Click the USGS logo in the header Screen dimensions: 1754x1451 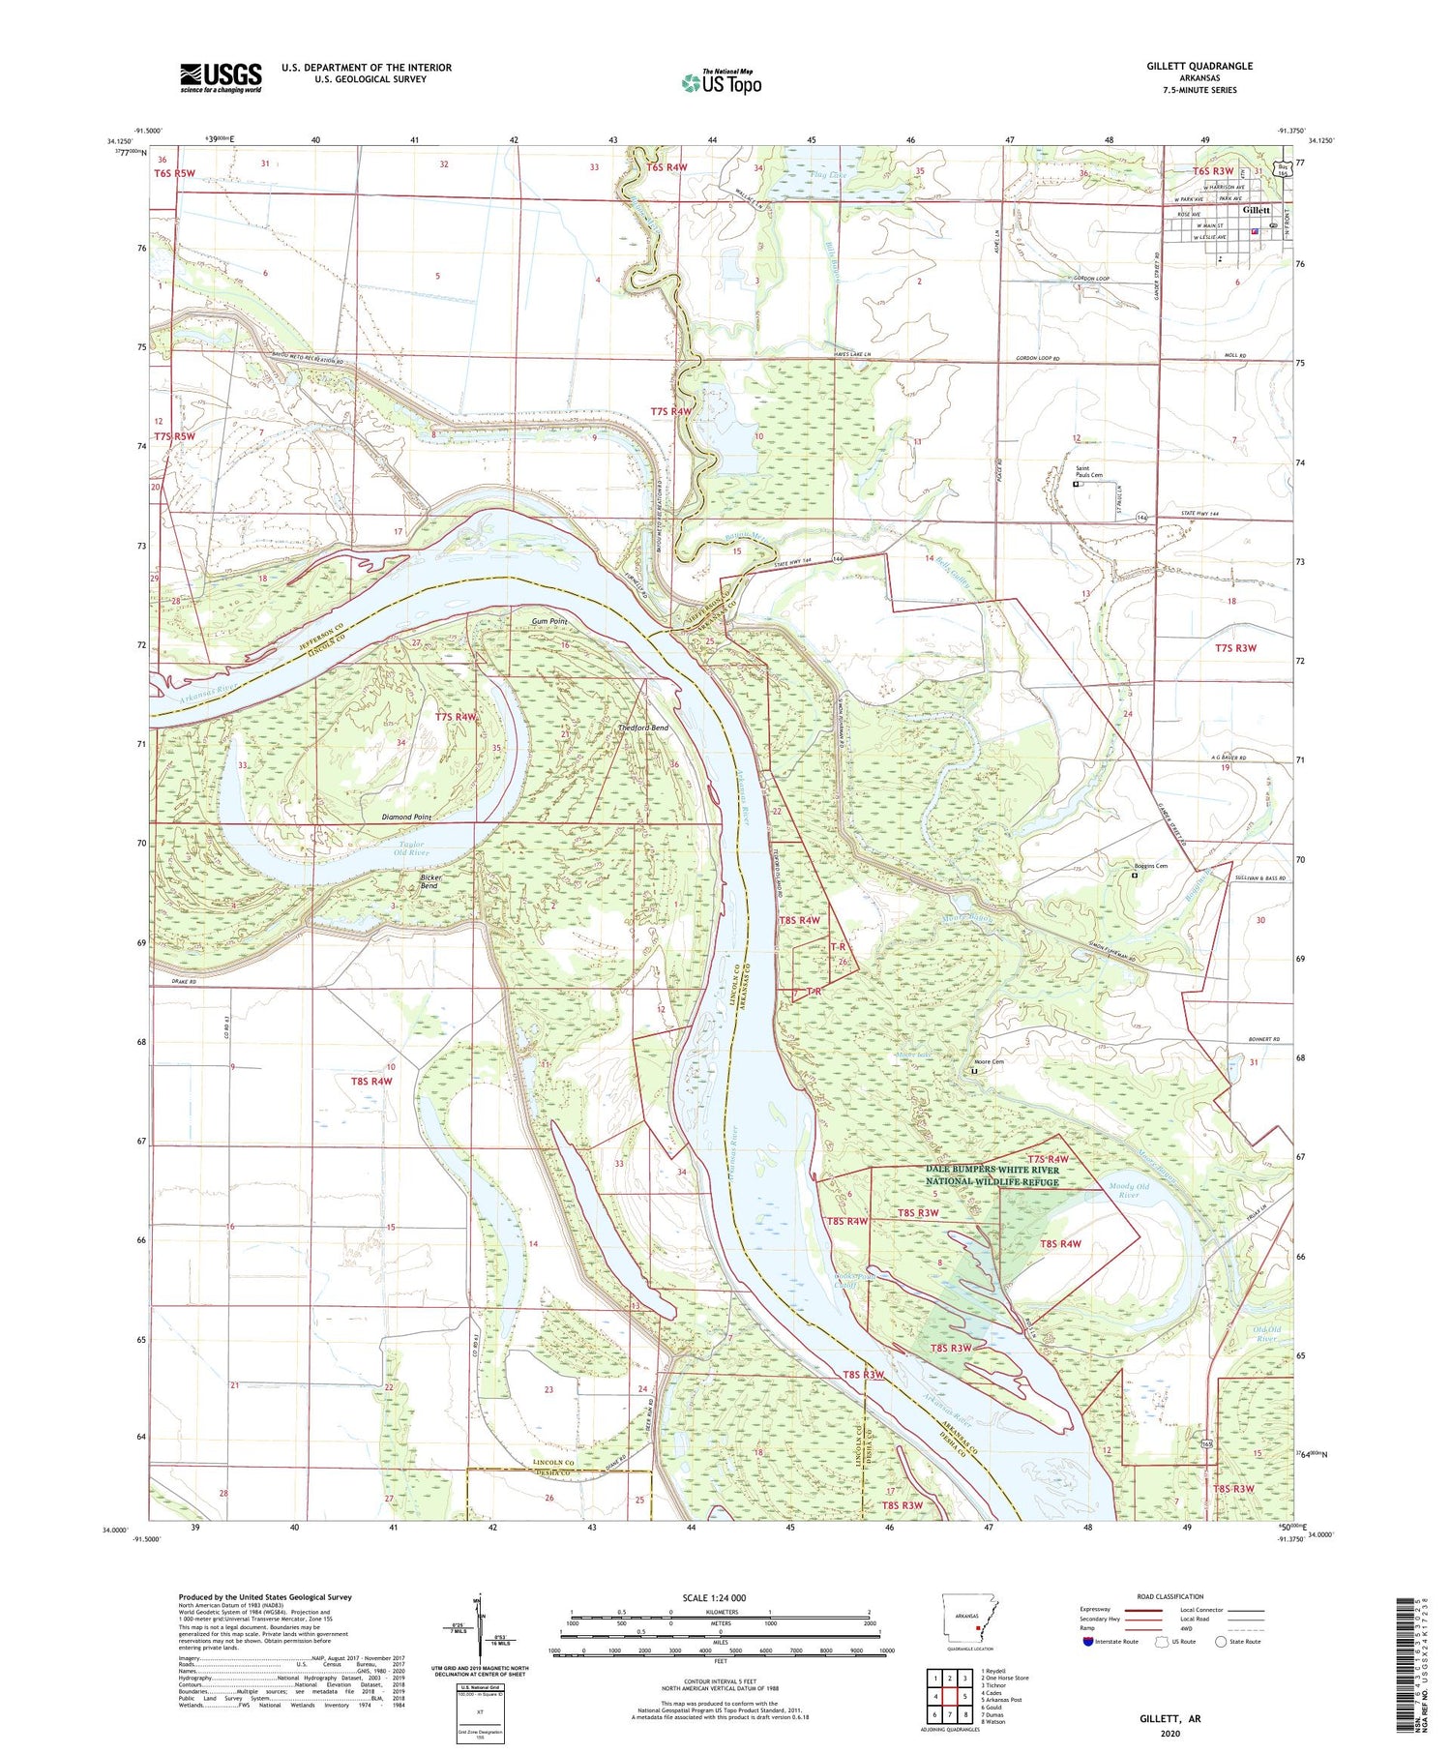220,77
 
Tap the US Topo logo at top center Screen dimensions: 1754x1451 721,83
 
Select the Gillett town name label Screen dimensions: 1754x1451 1256,210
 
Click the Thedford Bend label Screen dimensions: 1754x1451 642,728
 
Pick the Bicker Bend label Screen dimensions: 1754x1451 429,881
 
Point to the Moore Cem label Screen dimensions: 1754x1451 989,1061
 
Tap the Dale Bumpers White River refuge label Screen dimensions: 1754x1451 992,1175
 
